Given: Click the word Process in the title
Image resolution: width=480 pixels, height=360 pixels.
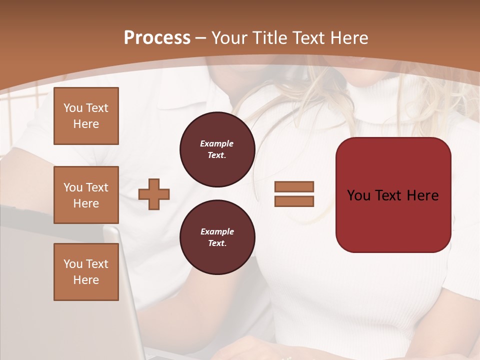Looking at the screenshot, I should [x=157, y=38].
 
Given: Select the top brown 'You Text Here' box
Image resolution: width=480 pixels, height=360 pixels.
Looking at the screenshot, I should [x=86, y=116].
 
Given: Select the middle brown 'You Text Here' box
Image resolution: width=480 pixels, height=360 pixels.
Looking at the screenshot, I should [x=86, y=195].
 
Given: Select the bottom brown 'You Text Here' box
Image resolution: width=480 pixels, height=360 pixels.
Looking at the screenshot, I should [x=86, y=272].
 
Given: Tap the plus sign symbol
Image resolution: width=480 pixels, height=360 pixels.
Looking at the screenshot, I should [x=154, y=194].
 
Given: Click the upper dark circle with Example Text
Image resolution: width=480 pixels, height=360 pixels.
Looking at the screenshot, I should [x=217, y=149].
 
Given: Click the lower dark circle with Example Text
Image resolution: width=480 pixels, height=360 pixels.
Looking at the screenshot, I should [x=217, y=237].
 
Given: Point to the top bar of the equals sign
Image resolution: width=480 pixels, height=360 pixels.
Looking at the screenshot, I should [x=294, y=187].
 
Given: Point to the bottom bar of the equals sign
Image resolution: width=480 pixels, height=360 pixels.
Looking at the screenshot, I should [x=294, y=201].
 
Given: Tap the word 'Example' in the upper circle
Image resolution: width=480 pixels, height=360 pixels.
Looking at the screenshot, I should [x=217, y=143].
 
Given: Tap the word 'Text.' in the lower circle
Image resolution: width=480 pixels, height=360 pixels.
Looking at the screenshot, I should [x=217, y=243].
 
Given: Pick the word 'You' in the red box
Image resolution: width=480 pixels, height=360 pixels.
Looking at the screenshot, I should [x=359, y=195].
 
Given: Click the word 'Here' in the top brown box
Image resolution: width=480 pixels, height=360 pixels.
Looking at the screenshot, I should [x=86, y=124].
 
